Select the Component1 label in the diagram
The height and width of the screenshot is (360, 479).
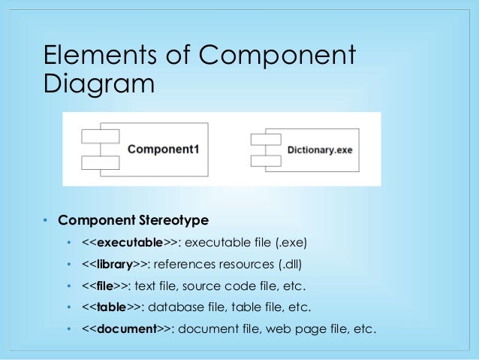tap(163, 149)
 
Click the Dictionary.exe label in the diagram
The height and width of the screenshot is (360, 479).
tap(320, 150)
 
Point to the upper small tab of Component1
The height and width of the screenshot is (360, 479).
tap(99, 136)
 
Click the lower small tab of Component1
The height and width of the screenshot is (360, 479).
tap(99, 162)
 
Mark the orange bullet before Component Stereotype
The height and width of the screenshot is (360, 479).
tap(45, 221)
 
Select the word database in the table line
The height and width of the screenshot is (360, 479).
tap(179, 307)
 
